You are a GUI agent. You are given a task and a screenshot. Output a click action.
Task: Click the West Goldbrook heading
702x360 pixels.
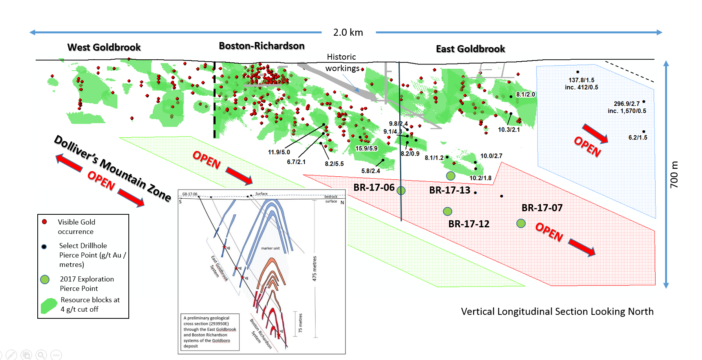(x=104, y=48)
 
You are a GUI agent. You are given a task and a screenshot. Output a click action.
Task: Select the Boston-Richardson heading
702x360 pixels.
(x=261, y=46)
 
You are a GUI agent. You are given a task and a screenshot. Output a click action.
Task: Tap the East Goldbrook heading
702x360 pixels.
(x=470, y=49)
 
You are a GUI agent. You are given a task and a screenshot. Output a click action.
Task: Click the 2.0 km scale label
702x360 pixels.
(x=348, y=33)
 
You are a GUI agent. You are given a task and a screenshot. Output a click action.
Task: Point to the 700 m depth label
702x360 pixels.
(x=674, y=175)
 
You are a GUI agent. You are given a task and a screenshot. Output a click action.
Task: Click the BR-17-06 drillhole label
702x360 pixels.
(x=374, y=188)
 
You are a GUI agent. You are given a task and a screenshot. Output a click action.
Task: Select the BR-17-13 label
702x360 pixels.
(x=450, y=190)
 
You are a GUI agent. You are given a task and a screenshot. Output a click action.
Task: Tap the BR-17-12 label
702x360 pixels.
(x=469, y=224)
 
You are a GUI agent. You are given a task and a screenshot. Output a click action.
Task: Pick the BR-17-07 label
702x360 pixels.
(x=542, y=208)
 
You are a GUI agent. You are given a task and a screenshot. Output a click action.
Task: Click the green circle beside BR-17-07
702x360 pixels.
(x=521, y=223)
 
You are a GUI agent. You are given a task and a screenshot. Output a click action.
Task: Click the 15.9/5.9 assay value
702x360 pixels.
(x=366, y=148)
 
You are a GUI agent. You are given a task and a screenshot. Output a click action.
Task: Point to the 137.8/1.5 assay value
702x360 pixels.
(x=581, y=80)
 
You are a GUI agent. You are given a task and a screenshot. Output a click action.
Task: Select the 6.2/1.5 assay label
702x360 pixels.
(x=638, y=137)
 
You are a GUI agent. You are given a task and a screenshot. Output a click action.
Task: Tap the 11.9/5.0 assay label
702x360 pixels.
(x=279, y=152)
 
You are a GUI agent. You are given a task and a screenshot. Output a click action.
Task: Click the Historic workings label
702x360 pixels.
(x=342, y=63)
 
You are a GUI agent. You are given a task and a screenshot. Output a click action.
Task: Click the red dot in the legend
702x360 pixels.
(x=44, y=222)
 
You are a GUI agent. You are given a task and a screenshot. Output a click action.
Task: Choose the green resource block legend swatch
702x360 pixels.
(x=49, y=306)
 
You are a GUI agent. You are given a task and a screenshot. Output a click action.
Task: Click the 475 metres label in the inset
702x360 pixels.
(x=314, y=269)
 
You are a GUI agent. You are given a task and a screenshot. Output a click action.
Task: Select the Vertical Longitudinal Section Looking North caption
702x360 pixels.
(x=557, y=312)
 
